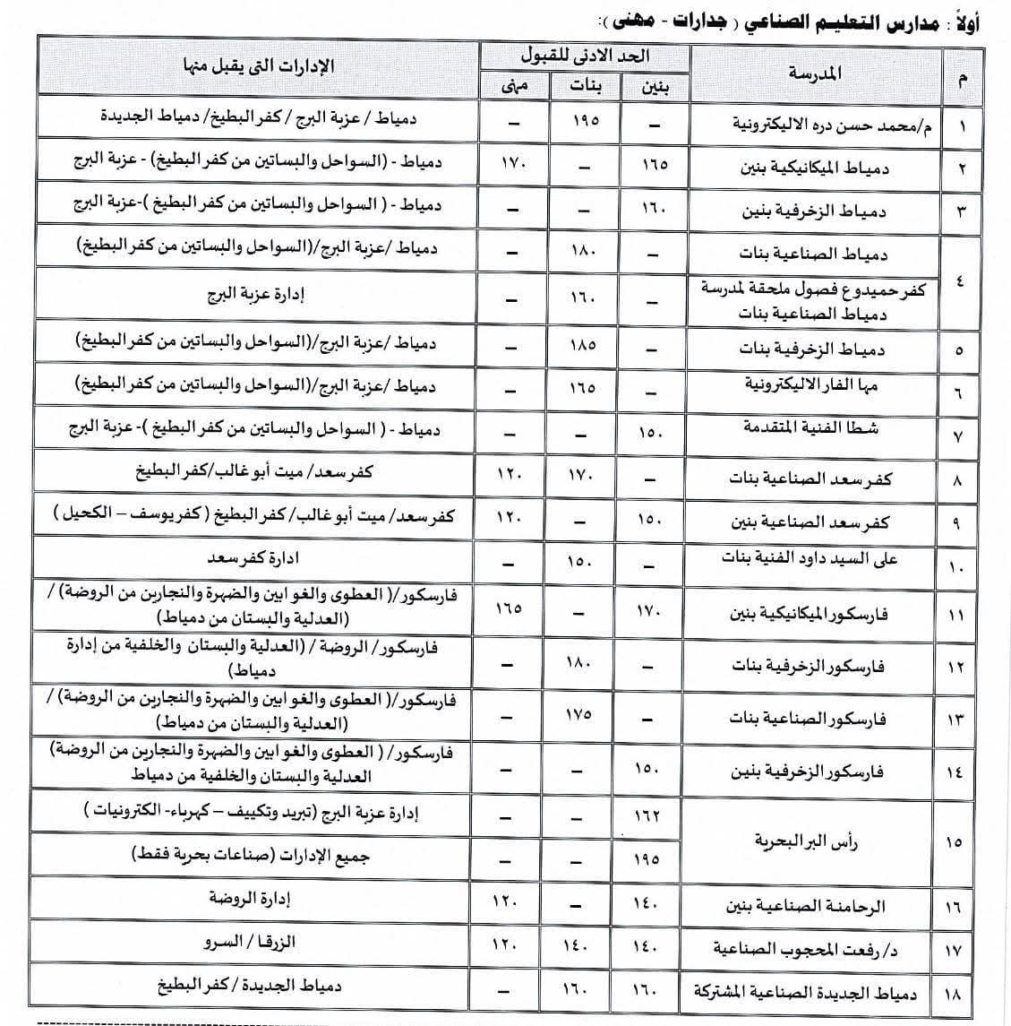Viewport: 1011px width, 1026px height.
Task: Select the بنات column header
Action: tap(587, 86)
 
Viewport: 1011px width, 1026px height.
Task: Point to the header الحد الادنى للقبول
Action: tap(586, 56)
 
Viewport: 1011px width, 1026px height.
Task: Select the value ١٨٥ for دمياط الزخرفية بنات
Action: tap(582, 342)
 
